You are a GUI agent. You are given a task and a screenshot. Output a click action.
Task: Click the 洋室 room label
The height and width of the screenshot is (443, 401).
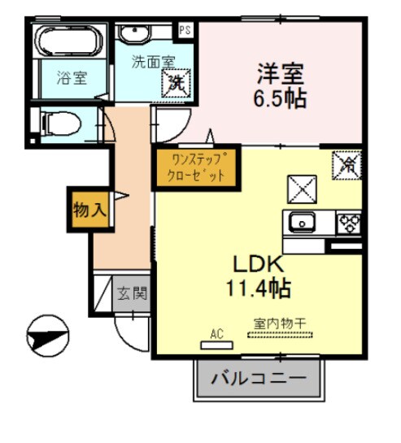[280, 75]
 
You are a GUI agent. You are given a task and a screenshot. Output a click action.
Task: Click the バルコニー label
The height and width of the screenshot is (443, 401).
[259, 379]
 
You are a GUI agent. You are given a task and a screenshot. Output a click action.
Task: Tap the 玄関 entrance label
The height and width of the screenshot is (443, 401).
[131, 293]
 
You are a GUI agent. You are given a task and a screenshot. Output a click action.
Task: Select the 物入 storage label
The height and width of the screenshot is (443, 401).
[88, 210]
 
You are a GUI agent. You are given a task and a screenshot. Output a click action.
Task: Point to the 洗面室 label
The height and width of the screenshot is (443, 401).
[153, 62]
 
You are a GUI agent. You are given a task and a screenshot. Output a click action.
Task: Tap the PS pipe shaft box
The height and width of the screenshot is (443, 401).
[185, 29]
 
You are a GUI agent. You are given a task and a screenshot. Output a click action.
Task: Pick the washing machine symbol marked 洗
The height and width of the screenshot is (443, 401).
[176, 82]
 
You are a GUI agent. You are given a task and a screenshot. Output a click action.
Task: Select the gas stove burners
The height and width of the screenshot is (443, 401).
[350, 221]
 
